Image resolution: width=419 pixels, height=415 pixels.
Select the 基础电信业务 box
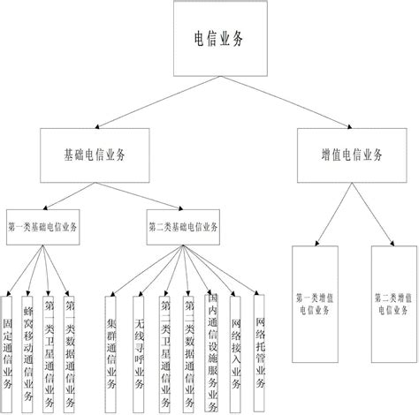pyautogui.click(x=95, y=155)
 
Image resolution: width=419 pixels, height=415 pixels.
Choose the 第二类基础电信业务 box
pyautogui.click(x=182, y=225)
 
